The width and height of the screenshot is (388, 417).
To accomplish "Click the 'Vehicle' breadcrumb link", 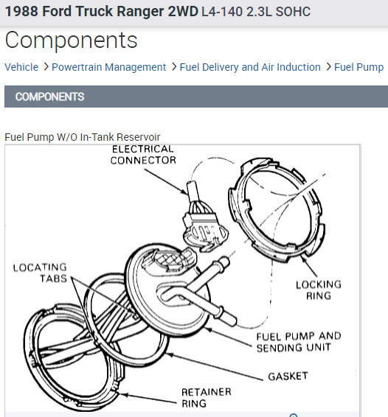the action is point(21,67).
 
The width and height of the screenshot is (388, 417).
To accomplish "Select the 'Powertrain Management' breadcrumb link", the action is point(108,67).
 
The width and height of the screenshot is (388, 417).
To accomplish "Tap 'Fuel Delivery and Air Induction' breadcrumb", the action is point(250,67).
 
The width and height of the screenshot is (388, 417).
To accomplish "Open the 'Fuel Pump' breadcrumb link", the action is point(358,67).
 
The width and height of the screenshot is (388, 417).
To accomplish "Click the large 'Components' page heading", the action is point(71,41).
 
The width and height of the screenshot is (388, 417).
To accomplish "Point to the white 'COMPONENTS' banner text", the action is point(50,97).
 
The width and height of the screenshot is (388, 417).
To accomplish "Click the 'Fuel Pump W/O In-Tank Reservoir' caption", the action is point(83,137).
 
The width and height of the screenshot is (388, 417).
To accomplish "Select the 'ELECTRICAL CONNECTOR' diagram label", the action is point(143,155).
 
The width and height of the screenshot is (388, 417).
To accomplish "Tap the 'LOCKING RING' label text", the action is point(319,290).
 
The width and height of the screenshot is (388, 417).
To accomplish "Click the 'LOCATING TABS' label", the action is point(40,273).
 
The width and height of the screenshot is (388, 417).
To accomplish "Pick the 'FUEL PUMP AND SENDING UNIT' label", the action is point(299,342).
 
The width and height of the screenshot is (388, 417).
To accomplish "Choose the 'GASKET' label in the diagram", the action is point(288,376).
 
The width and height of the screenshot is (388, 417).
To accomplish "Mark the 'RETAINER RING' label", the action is point(207,398).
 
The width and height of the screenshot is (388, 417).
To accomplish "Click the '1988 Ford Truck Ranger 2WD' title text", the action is point(102,12).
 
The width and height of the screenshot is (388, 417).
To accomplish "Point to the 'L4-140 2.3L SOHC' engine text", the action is point(256,12).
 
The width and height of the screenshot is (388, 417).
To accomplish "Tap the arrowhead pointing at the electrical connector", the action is point(184,192).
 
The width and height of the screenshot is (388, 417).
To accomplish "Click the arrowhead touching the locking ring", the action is point(304,259).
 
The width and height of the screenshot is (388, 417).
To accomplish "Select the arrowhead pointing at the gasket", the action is point(170,354).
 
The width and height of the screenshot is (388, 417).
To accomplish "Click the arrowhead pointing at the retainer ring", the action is point(124,395).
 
